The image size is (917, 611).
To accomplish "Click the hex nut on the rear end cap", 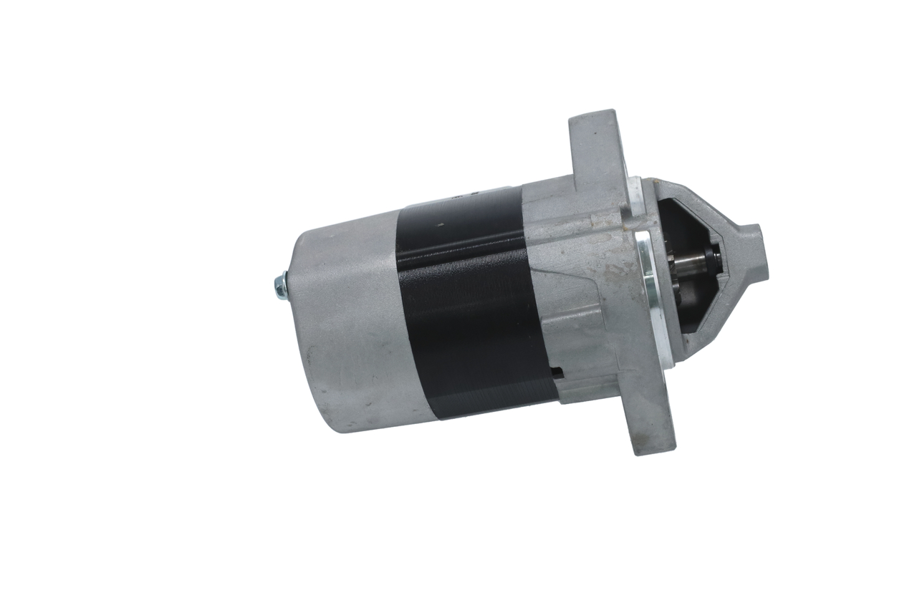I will [280, 285].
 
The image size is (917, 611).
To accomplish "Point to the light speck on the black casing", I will [441, 225].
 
